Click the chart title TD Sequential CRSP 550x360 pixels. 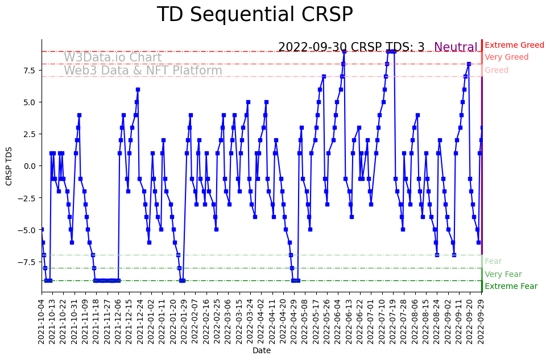pyautogui.click(x=255, y=14)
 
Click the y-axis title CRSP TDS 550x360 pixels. pyautogui.click(x=9, y=165)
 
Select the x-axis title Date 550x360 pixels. pyautogui.click(x=262, y=351)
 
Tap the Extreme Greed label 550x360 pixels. pyautogui.click(x=514, y=45)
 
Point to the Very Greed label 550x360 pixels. pyautogui.click(x=506, y=57)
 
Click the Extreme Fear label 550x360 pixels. pyautogui.click(x=511, y=286)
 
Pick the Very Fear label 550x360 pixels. pyautogui.click(x=503, y=274)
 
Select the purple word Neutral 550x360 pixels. pyautogui.click(x=456, y=47)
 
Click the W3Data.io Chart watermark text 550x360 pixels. pyautogui.click(x=113, y=57)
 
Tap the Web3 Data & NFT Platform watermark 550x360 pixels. pyautogui.click(x=143, y=71)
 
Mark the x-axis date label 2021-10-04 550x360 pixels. pyautogui.click(x=41, y=322)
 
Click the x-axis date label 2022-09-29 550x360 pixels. pyautogui.click(x=482, y=322)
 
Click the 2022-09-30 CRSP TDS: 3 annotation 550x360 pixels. pyautogui.click(x=351, y=47)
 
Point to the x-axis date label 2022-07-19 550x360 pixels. pyautogui.click(x=393, y=322)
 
